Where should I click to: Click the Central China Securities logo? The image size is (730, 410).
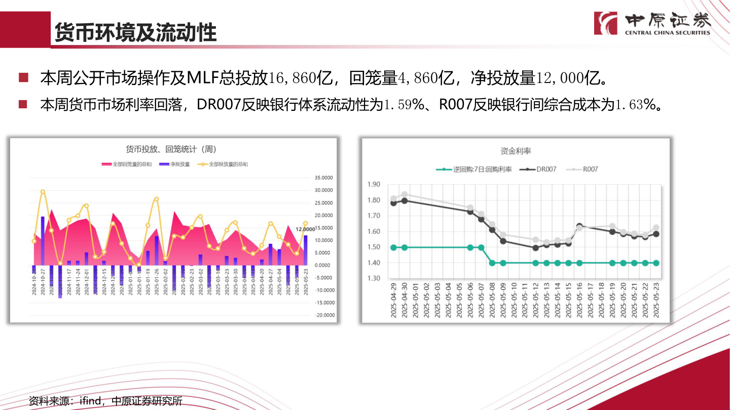tap(653, 23)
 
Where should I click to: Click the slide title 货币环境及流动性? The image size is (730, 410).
tap(136, 32)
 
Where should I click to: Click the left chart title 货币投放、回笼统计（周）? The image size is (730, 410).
tap(171, 149)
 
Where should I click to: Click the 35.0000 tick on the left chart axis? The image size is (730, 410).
tap(324, 178)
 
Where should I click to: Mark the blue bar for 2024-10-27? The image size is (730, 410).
tap(43, 241)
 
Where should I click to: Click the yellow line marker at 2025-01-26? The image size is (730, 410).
tap(156, 199)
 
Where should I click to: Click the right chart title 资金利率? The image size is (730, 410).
tap(515, 151)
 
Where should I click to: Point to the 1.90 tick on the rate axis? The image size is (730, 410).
tap(373, 184)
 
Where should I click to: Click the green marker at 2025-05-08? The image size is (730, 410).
tap(492, 263)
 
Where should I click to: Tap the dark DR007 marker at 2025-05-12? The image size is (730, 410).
tap(535, 248)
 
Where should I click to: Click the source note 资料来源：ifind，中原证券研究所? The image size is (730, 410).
tap(105, 401)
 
